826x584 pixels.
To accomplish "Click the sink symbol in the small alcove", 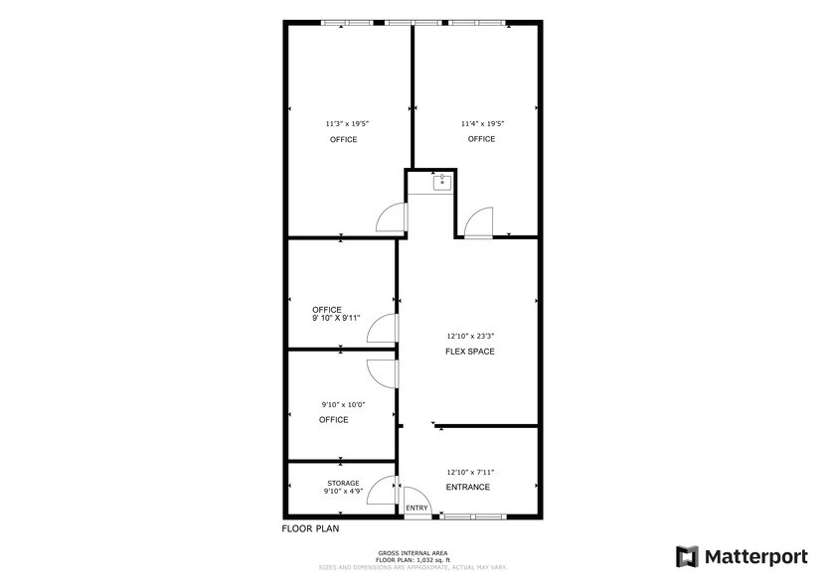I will coord(440,182).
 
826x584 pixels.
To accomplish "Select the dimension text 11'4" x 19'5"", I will coord(482,124).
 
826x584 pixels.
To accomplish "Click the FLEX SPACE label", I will coord(470,352).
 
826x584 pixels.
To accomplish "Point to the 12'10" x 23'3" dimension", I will coord(470,337).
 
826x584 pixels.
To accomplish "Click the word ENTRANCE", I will coord(467,487).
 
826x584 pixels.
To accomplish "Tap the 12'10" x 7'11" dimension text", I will coord(470,472).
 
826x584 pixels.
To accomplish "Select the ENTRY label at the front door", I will coord(417,509).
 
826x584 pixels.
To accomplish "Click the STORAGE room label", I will coord(343,483).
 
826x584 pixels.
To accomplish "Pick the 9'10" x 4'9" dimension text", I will coord(343,492).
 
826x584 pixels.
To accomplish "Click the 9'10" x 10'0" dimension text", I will coord(343,404).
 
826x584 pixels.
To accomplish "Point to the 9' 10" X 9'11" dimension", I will coord(336,319).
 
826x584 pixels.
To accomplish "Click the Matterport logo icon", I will coord(687,556).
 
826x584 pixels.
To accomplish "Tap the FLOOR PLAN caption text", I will coord(310,529).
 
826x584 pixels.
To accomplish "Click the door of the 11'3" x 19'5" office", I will coord(391,219).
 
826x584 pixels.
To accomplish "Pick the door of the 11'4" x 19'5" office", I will coord(478,221).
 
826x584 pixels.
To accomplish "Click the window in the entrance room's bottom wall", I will coord(473,516).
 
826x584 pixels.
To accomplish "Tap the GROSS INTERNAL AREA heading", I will coord(412,553).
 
